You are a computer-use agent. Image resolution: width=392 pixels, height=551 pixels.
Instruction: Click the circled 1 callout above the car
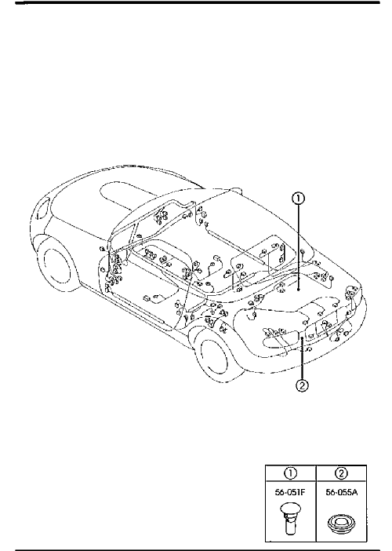[298, 199]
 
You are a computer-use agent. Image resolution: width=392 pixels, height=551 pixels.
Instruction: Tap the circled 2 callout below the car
[302, 386]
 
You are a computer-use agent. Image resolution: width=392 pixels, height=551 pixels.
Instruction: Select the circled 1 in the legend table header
[291, 473]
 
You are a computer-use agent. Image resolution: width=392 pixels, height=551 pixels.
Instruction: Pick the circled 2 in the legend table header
[342, 473]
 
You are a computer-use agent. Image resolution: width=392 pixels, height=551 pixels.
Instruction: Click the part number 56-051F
[290, 492]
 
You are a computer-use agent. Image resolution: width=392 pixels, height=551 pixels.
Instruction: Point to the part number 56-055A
[342, 492]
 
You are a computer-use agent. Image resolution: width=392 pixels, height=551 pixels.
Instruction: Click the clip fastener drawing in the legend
[290, 520]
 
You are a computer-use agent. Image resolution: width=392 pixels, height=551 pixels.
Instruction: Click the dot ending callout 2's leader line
[302, 338]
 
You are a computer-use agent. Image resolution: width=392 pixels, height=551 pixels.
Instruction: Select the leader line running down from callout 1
[298, 247]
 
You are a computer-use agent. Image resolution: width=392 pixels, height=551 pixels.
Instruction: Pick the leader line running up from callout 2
[302, 359]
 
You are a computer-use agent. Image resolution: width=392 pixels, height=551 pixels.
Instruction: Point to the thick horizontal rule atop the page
[198, 2]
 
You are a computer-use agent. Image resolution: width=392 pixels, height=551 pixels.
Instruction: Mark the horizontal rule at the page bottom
[198, 549]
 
